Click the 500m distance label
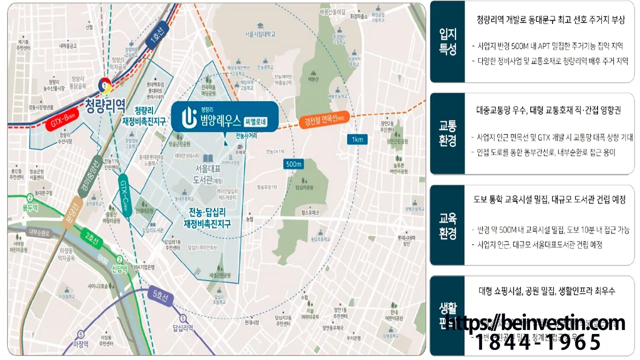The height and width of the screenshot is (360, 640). click(x=293, y=164)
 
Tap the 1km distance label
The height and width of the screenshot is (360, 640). click(x=357, y=139)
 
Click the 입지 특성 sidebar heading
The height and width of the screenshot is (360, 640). click(x=447, y=41)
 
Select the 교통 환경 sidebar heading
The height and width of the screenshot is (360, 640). click(x=447, y=133)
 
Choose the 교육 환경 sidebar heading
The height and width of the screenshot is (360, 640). click(x=447, y=225)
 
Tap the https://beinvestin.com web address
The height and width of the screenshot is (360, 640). click(x=534, y=323)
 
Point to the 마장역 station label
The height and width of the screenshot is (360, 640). click(x=80, y=344)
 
